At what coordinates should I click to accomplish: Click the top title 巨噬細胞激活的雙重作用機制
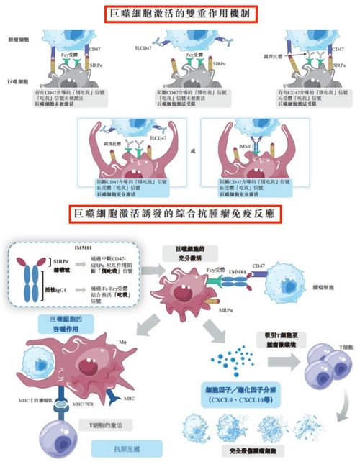click(x=179, y=13)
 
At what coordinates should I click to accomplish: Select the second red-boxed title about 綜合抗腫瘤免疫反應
click(x=179, y=214)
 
